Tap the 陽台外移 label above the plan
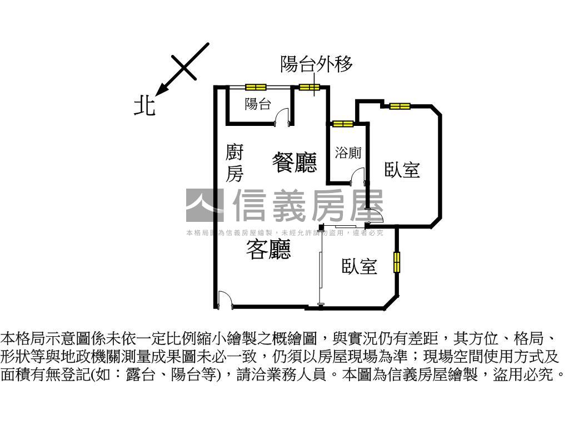point(316,65)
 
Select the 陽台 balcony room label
point(258,104)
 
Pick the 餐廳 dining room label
point(295,163)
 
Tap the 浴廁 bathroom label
point(348,153)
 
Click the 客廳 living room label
point(268,251)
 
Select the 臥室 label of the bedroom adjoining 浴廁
point(402,170)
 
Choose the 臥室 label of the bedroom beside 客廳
point(360,267)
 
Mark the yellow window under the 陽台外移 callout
point(309,87)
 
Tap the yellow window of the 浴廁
point(342,123)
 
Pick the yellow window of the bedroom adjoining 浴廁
point(399,106)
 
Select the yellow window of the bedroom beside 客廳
point(397,262)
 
